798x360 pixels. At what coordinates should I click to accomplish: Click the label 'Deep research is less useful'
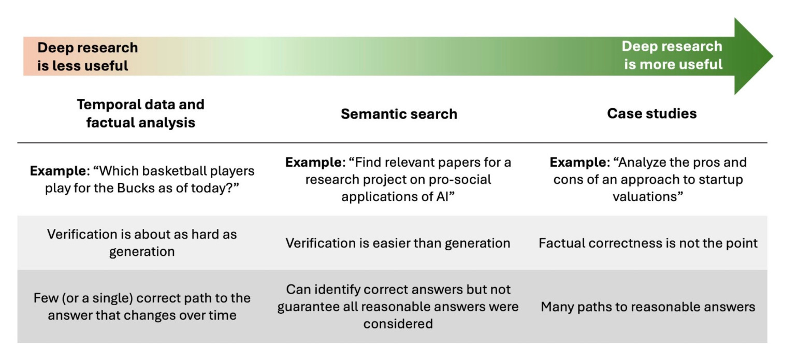[87, 56]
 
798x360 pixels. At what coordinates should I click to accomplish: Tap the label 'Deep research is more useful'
[672, 55]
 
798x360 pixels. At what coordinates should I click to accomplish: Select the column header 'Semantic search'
[399, 114]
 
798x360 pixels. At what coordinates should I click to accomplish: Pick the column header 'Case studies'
[651, 113]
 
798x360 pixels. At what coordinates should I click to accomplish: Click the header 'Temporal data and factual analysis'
[140, 113]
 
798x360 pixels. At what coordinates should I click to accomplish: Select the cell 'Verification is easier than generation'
[398, 243]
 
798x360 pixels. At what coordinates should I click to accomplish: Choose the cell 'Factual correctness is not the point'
[648, 243]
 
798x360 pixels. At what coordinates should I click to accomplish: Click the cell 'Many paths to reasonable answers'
[648, 307]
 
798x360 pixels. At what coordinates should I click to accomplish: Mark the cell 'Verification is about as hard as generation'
[141, 242]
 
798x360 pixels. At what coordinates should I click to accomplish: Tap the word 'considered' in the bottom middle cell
[398, 324]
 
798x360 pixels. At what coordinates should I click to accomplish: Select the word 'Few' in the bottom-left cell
[45, 298]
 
